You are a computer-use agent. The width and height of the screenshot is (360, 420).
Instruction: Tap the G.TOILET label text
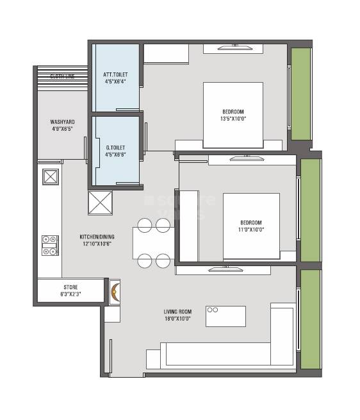point(115,147)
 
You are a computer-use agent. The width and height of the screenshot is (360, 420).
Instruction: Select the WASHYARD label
point(62,121)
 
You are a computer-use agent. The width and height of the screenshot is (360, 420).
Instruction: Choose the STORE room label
point(70,287)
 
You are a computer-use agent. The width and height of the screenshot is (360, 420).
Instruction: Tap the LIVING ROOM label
point(177,312)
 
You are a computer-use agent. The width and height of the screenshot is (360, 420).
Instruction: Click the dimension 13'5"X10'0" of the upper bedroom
point(233,118)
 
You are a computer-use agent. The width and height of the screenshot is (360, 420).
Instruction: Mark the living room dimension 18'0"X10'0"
point(177,318)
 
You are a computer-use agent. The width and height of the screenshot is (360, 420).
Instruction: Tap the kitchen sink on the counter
point(51,176)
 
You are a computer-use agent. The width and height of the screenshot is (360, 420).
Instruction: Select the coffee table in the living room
point(225,316)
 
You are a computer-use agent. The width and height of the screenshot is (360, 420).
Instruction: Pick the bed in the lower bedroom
point(250,225)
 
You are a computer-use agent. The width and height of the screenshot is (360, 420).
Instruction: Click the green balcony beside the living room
point(310,319)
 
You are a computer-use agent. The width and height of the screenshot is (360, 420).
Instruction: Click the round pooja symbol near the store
point(115,292)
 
